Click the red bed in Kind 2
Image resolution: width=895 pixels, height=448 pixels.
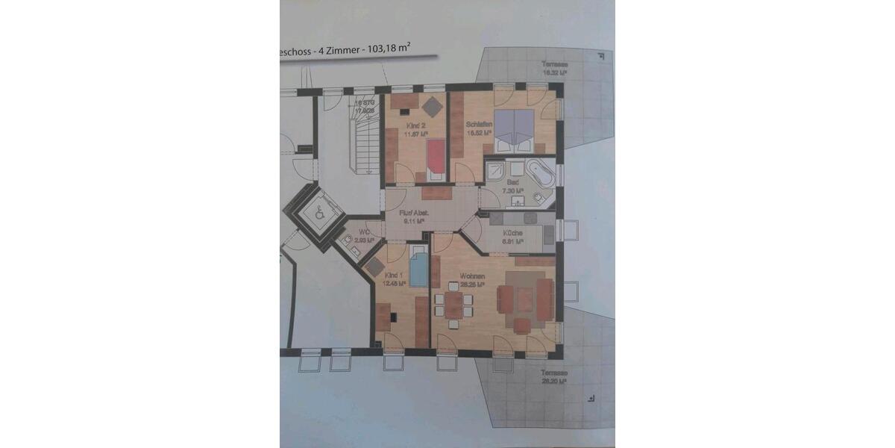coord(434,158)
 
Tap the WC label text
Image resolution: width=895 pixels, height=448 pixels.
coord(364,232)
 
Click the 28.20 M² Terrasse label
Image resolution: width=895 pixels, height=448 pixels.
coord(553,377)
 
